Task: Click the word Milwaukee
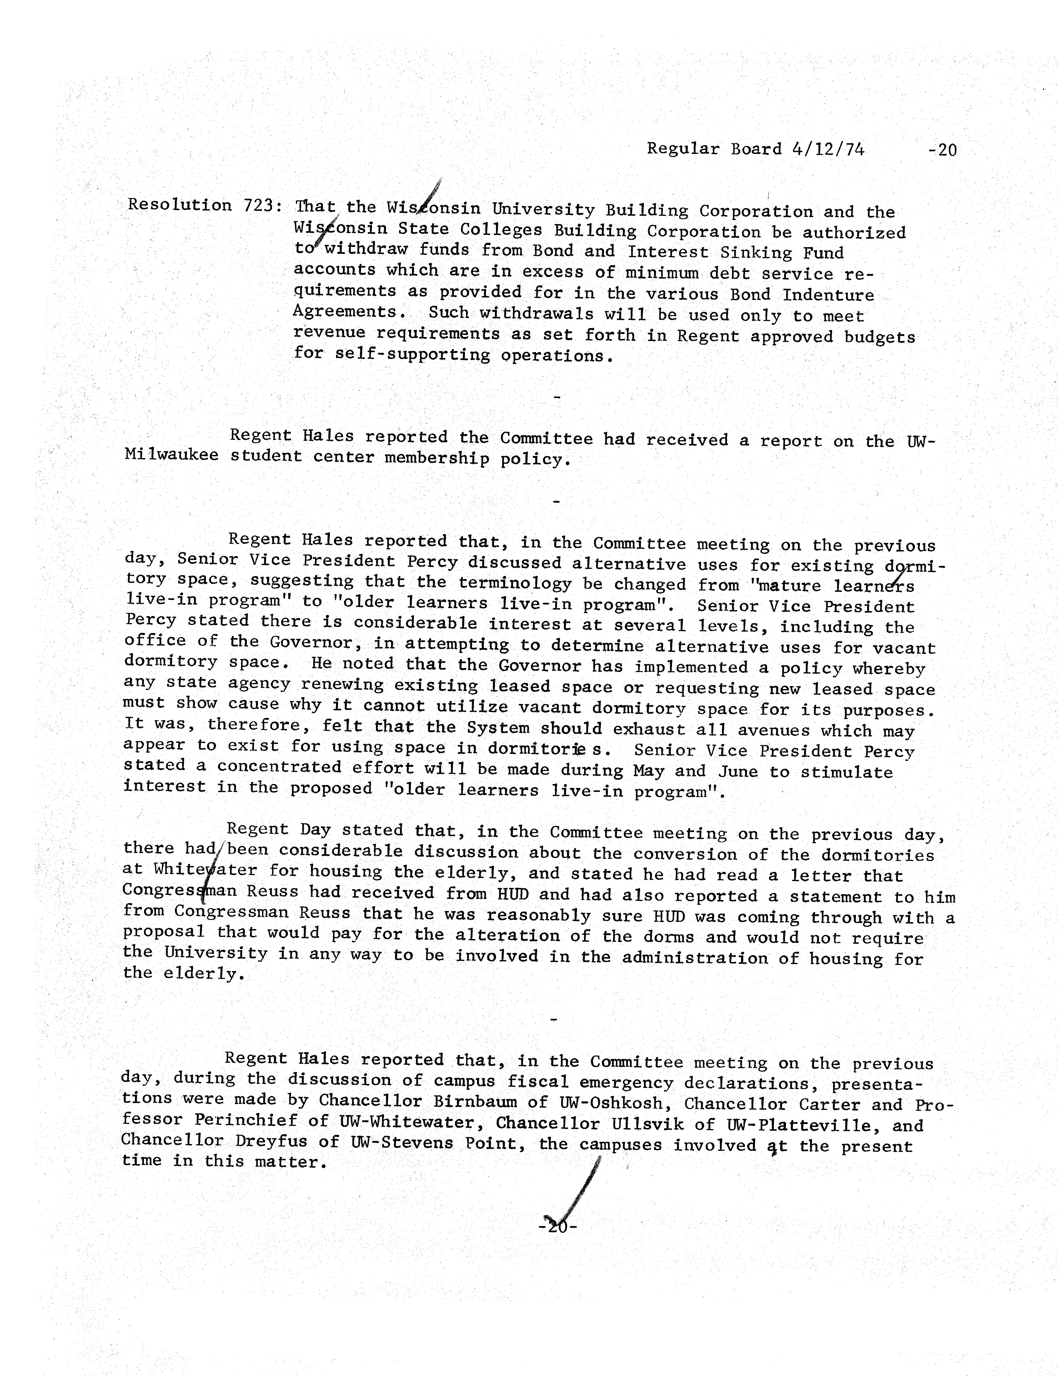point(171,455)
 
